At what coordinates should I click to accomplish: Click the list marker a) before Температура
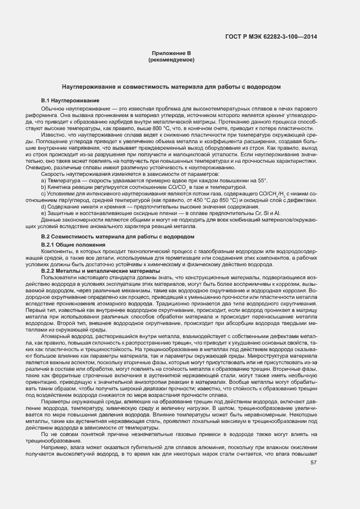[43, 180]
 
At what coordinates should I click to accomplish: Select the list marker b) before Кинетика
[43, 187]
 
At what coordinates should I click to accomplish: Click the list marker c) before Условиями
[43, 194]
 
